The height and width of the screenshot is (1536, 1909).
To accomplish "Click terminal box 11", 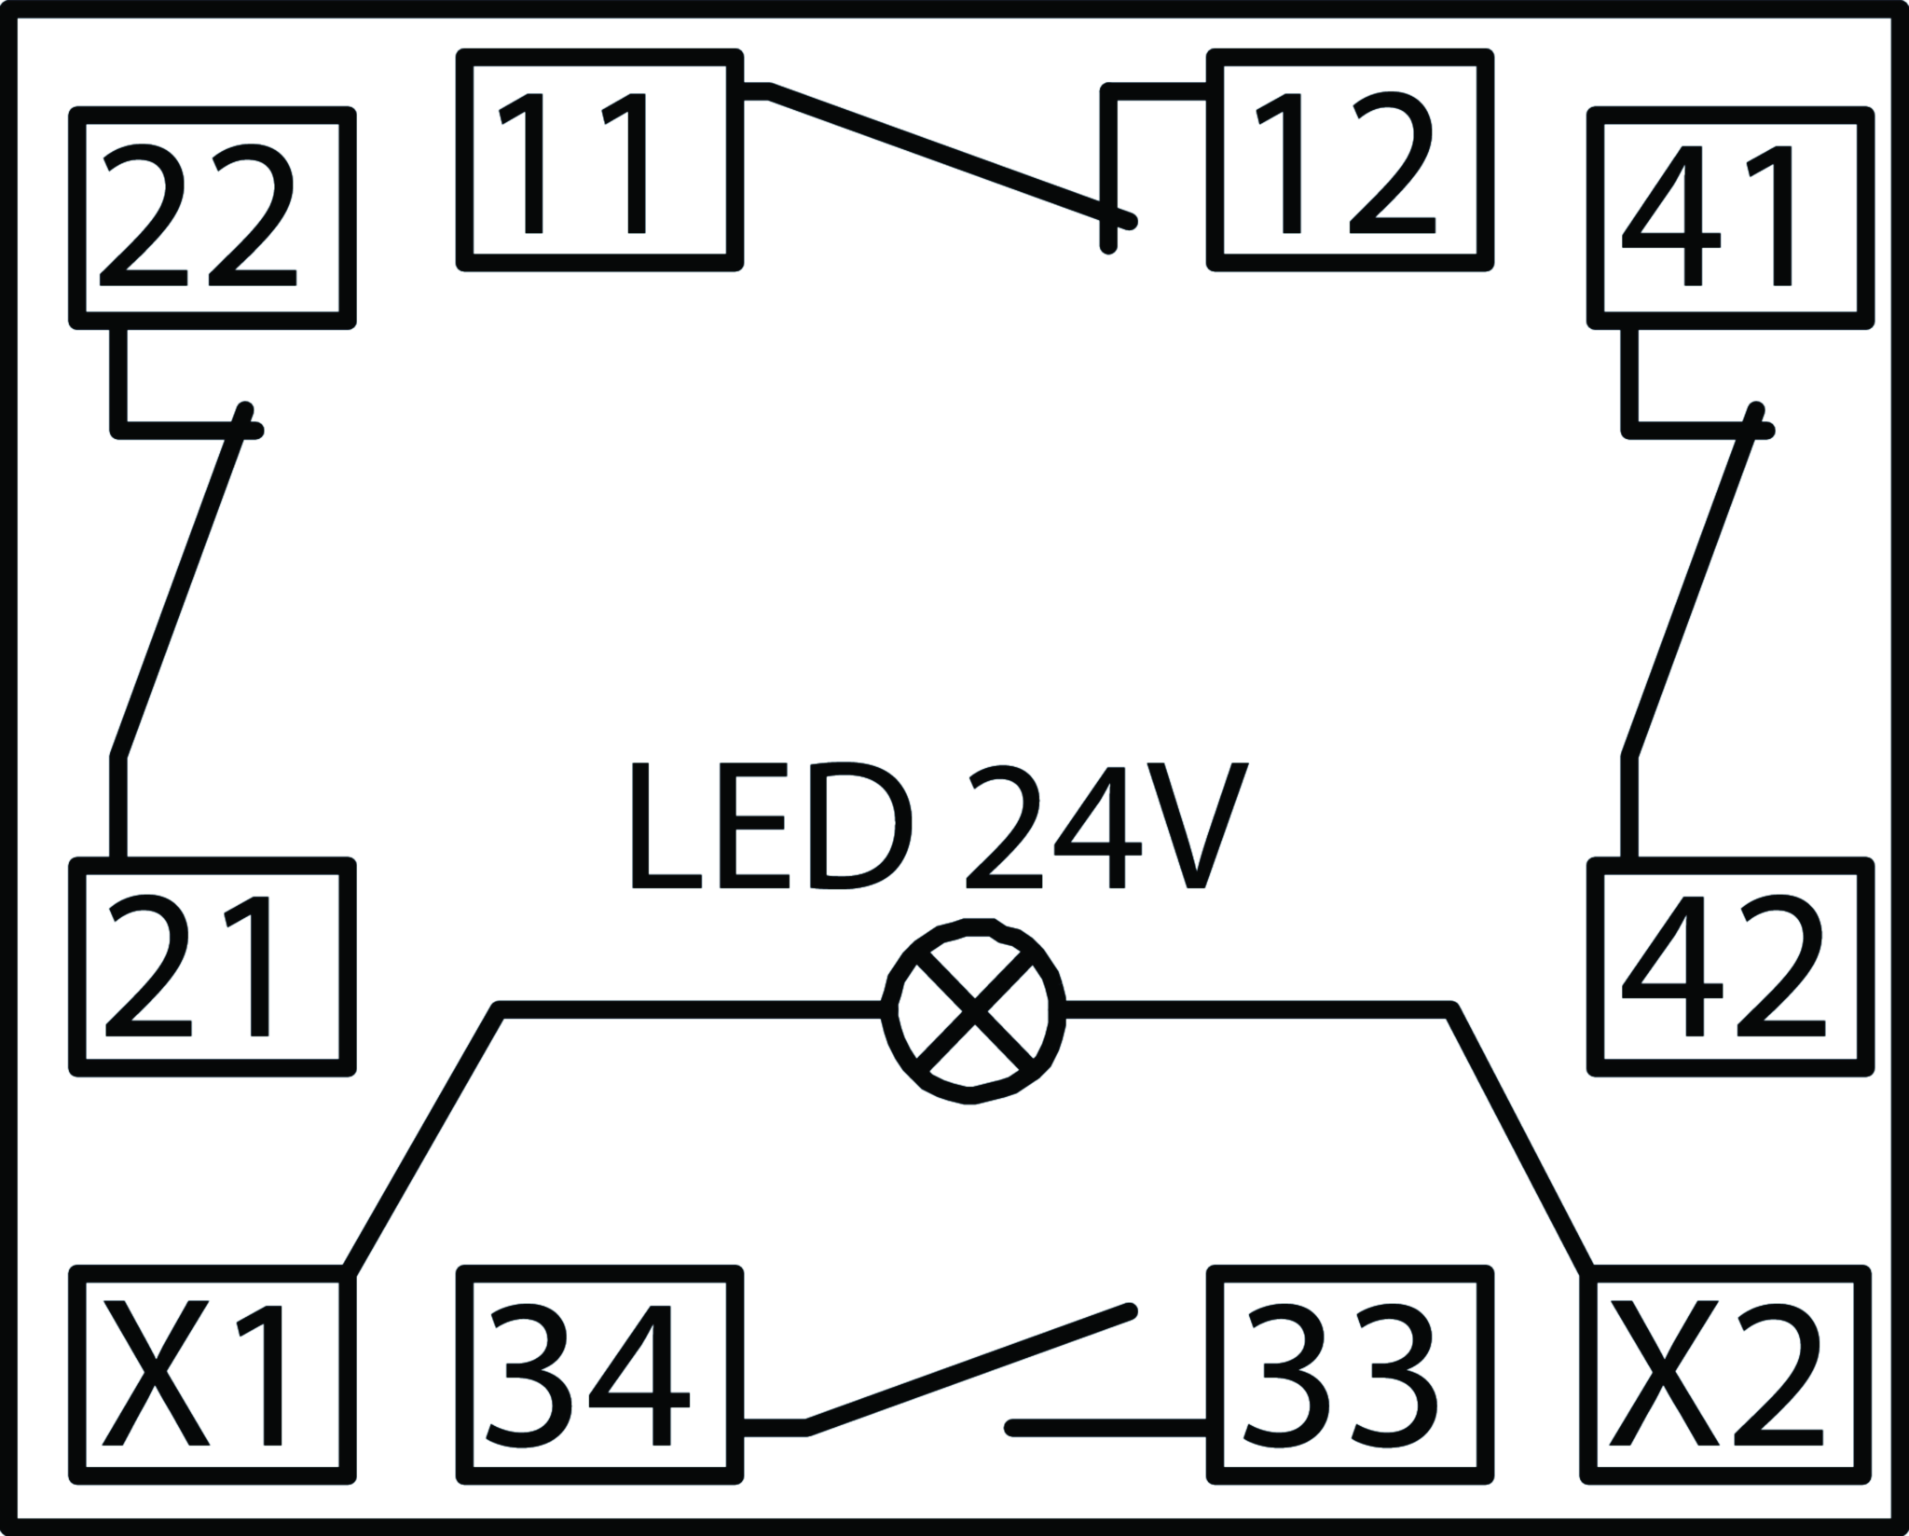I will (x=600, y=160).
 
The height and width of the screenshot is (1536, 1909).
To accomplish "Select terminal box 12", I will (x=1350, y=160).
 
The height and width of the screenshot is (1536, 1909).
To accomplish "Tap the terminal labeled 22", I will (x=213, y=218).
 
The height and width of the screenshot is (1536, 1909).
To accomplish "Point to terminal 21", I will (x=213, y=967).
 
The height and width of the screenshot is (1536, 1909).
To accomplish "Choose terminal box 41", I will (x=1730, y=218).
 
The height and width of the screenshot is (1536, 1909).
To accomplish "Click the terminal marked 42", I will (x=1730, y=967).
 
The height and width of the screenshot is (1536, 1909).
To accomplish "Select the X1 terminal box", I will (x=213, y=1374).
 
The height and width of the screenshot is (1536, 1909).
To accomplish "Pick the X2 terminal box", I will (x=1724, y=1374).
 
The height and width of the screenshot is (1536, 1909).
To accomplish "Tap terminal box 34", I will (x=600, y=1374).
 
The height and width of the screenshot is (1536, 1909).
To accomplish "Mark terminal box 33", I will (x=1350, y=1374).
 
